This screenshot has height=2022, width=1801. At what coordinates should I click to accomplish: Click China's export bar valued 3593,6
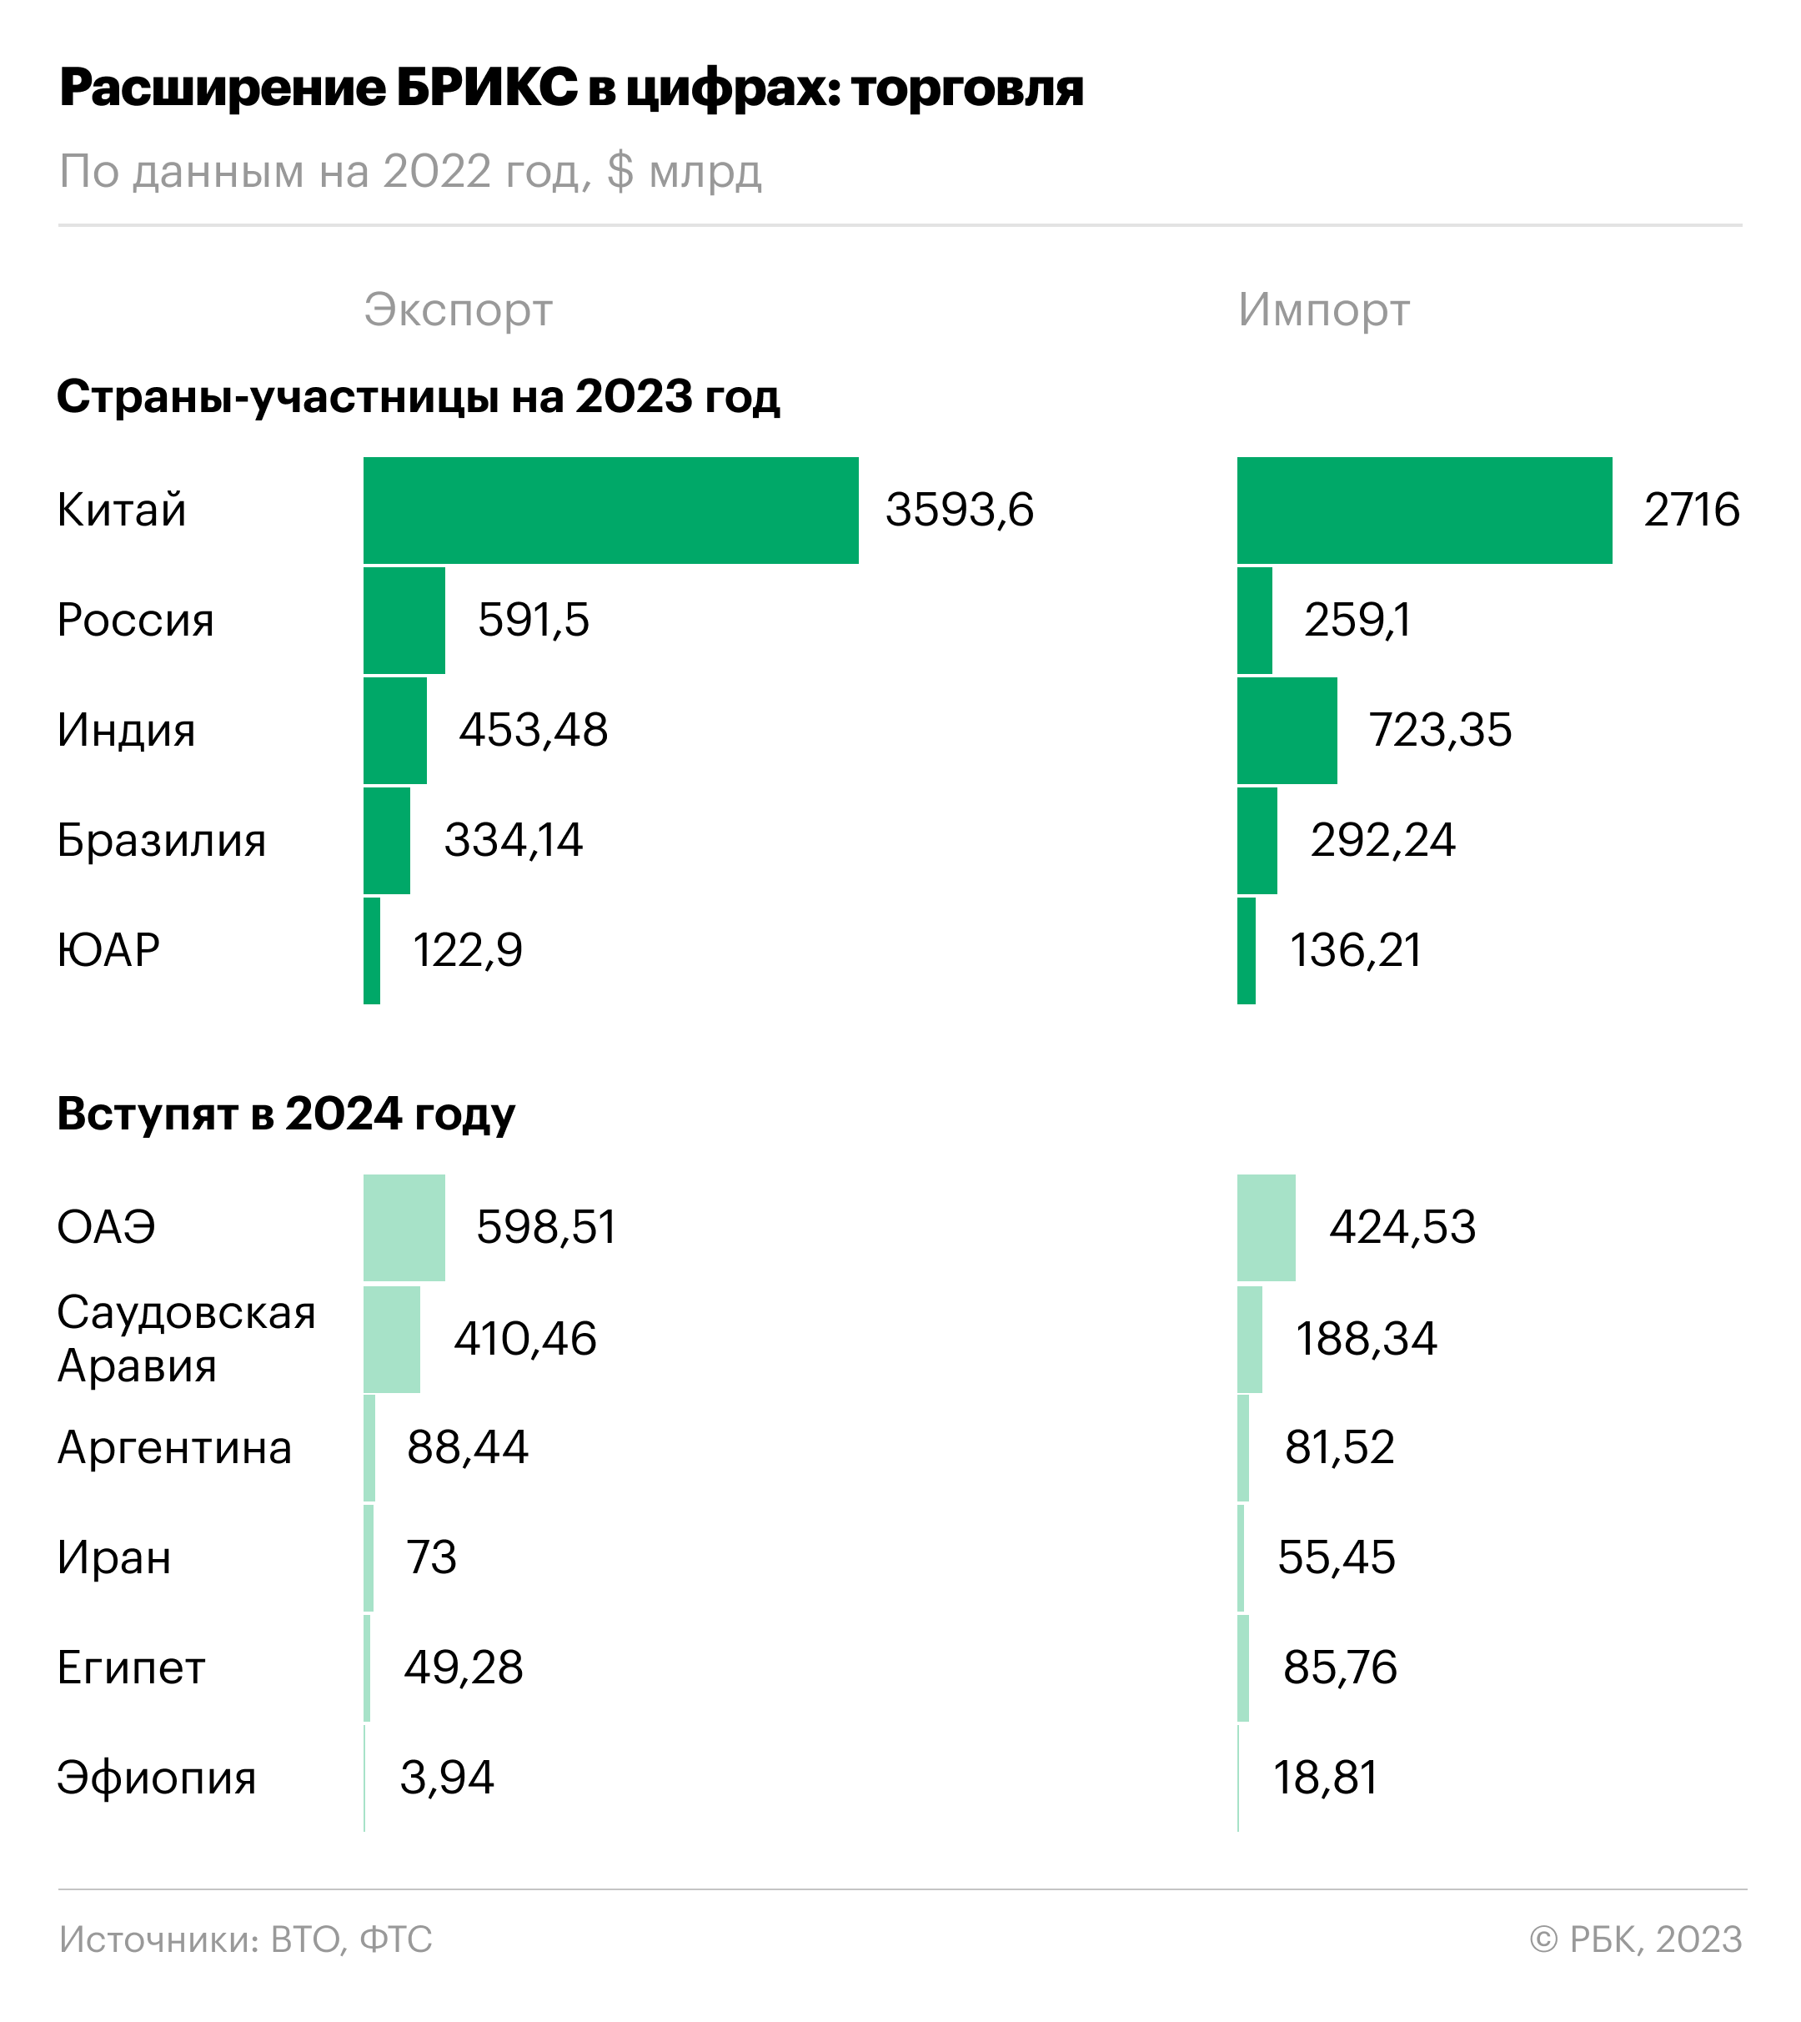[610, 511]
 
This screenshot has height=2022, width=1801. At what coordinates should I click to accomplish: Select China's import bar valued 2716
[1424, 511]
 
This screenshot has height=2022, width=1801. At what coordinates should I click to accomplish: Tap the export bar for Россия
[404, 621]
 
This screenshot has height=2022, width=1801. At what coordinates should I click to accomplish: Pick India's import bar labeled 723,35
[1287, 731]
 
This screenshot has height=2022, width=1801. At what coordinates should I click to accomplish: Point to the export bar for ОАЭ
[404, 1228]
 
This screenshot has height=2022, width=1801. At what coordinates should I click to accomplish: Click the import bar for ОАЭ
[1266, 1228]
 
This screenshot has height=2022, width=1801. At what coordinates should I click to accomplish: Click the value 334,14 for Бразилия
[514, 840]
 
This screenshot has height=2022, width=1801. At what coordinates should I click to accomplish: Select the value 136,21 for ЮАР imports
[1356, 950]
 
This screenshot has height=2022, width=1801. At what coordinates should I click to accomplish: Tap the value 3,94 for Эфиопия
[447, 1778]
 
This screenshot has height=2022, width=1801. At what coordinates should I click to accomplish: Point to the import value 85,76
[1340, 1667]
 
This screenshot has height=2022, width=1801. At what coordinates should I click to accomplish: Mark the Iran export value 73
[431, 1558]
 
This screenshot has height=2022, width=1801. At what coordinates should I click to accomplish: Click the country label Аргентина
[174, 1448]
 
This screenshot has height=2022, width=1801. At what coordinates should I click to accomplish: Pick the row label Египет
[131, 1667]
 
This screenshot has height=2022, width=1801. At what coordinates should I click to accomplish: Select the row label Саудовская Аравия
[186, 1338]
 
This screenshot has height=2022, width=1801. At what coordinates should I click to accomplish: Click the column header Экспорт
[458, 311]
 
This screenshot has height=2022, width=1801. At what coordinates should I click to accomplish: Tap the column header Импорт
[1324, 311]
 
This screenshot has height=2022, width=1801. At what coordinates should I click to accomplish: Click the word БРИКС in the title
[487, 88]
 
